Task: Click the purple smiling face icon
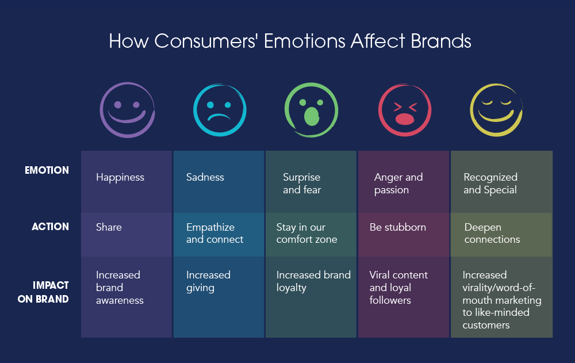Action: click(x=127, y=110)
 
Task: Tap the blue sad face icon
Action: click(x=219, y=110)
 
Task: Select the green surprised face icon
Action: click(x=312, y=110)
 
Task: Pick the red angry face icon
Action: click(x=404, y=110)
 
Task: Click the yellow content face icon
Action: click(x=496, y=110)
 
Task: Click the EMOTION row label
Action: click(x=47, y=170)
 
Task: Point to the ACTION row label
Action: click(x=50, y=227)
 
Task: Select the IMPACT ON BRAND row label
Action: click(x=51, y=292)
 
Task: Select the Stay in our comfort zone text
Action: click(x=306, y=234)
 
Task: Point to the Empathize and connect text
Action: click(x=214, y=234)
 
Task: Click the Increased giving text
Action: click(x=208, y=281)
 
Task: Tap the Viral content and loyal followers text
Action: click(x=398, y=288)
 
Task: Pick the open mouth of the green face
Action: click(x=311, y=116)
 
